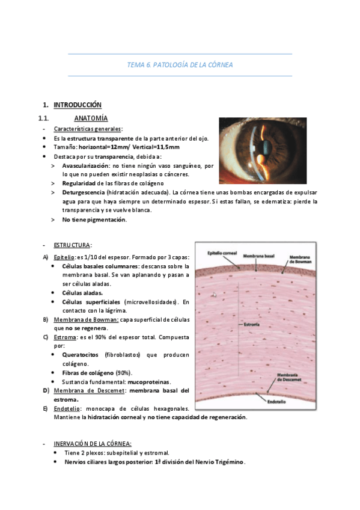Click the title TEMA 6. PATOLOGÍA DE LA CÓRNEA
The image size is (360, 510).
[180, 64]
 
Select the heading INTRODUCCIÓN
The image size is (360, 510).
[78, 105]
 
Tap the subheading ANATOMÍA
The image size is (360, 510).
[91, 118]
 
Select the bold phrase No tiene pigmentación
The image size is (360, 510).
[94, 220]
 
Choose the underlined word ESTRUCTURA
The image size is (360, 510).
[72, 245]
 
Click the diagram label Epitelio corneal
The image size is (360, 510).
[223, 252]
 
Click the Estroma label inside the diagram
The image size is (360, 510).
[252, 324]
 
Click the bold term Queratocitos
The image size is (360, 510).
[81, 355]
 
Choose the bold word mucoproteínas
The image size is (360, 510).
[149, 382]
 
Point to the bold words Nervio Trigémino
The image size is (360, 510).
[222, 462]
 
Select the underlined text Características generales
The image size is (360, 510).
[88, 129]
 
